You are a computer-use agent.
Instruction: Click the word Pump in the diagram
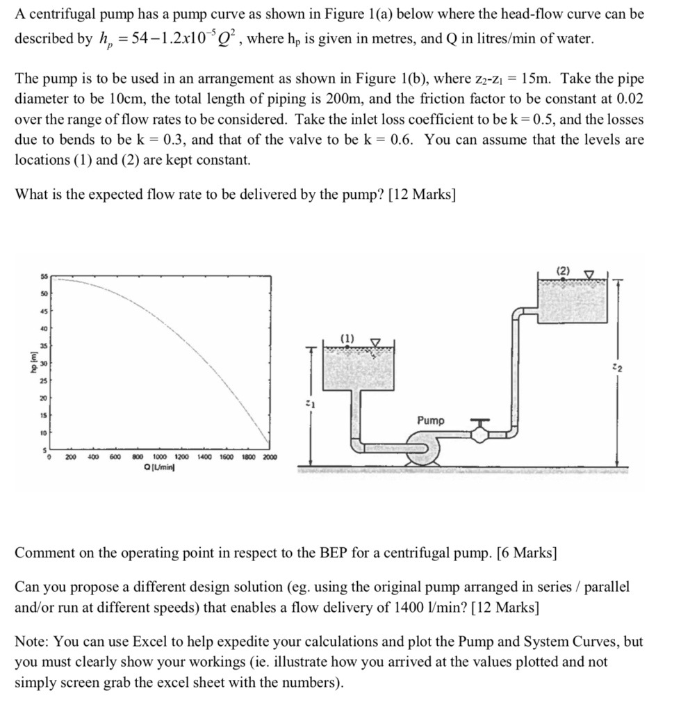pyautogui.click(x=432, y=421)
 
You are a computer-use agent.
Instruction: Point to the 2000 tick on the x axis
pyautogui.click(x=269, y=457)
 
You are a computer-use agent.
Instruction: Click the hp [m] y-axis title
pyautogui.click(x=31, y=364)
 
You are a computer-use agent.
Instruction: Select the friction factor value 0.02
pyautogui.click(x=630, y=99)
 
